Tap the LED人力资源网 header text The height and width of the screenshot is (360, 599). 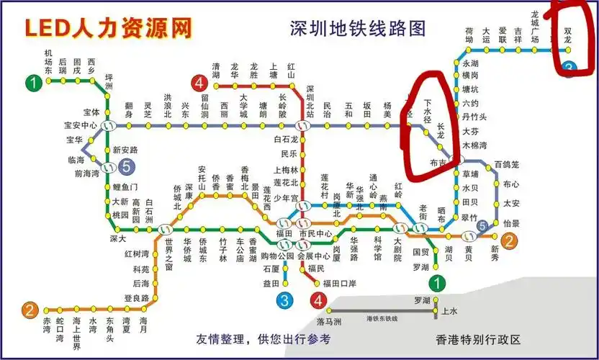(109, 28)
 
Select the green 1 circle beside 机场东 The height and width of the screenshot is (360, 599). (32, 84)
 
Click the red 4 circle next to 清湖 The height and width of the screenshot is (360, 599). (199, 83)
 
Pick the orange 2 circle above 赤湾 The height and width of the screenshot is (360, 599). (29, 311)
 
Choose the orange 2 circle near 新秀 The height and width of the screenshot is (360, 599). (508, 241)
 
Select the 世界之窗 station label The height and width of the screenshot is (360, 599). (168, 253)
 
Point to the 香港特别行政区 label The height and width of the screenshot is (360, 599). (478, 339)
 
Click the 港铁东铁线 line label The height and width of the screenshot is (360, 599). (382, 318)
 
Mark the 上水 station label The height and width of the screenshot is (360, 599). (449, 311)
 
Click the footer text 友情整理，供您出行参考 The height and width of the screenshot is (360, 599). (264, 339)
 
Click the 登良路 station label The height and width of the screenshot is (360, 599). (136, 298)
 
